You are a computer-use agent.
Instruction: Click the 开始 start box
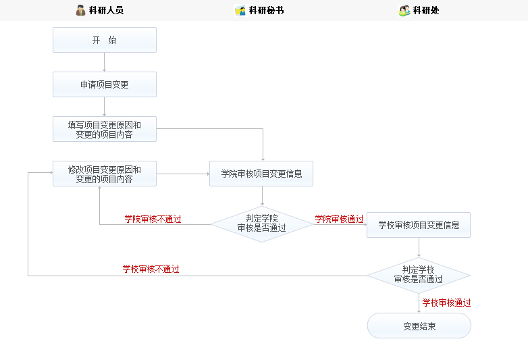[105, 40]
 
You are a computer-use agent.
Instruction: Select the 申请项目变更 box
[105, 84]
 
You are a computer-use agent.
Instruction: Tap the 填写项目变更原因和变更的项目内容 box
[105, 129]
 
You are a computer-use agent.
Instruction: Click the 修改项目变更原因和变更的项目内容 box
[105, 174]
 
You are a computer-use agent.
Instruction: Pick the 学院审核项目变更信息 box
[261, 174]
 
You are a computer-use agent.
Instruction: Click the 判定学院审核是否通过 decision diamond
[261, 224]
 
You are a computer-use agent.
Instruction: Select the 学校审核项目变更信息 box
[419, 225]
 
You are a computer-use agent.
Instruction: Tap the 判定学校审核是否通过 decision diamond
[419, 274]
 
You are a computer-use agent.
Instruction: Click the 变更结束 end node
[419, 326]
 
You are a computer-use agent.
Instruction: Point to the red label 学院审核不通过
[153, 219]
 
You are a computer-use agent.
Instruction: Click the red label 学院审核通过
[339, 219]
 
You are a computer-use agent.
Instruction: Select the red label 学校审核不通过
[151, 269]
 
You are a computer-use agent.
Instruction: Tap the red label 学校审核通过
[446, 303]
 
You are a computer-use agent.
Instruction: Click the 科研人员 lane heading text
[106, 10]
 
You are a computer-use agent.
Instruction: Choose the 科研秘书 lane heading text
[266, 10]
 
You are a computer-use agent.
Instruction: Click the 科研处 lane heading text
[426, 10]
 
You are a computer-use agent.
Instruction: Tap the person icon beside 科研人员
[81, 10]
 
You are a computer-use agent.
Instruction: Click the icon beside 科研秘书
[240, 10]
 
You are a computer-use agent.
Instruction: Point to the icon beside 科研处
[404, 10]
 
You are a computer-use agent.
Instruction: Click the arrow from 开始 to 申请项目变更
[105, 62]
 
